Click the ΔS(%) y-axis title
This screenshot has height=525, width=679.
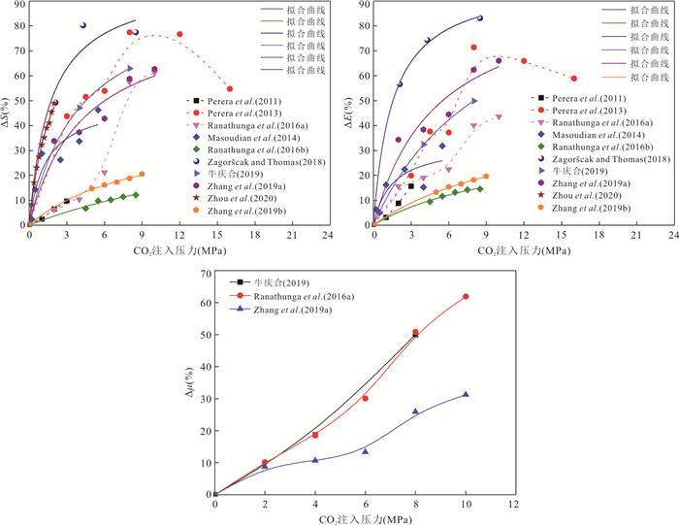point(8,115)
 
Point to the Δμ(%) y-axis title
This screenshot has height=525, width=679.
point(191,384)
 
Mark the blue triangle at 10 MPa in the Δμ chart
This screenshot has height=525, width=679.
point(466,395)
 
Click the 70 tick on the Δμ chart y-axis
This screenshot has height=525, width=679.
point(202,274)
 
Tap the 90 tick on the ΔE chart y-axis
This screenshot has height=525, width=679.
point(363,5)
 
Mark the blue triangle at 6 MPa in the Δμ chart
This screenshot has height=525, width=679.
point(366,451)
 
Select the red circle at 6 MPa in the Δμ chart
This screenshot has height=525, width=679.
point(366,399)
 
